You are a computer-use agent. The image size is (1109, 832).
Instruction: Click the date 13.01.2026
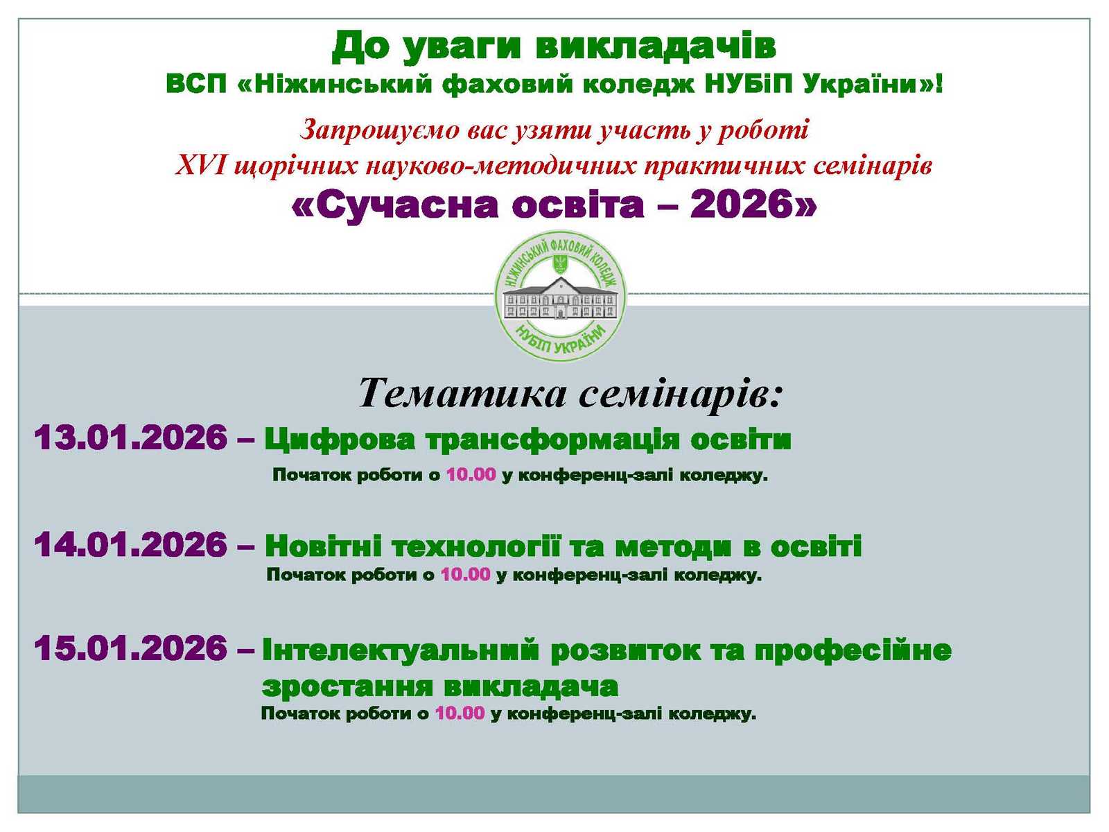(x=131, y=437)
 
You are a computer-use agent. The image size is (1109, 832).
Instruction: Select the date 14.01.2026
(x=131, y=544)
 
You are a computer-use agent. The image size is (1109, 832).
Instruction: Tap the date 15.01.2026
(x=131, y=648)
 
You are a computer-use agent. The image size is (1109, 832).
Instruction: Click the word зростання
(x=348, y=686)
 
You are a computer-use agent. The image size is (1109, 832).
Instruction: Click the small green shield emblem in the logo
(x=560, y=262)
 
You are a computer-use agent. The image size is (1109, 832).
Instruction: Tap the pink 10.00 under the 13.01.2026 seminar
(x=471, y=475)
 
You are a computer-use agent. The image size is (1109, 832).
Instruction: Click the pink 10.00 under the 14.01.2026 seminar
(x=465, y=574)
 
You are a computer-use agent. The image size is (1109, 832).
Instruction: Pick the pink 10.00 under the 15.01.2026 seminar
(x=460, y=713)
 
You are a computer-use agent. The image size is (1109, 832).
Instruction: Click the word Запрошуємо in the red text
(x=379, y=130)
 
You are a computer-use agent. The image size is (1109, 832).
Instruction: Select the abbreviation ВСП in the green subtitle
(x=196, y=83)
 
